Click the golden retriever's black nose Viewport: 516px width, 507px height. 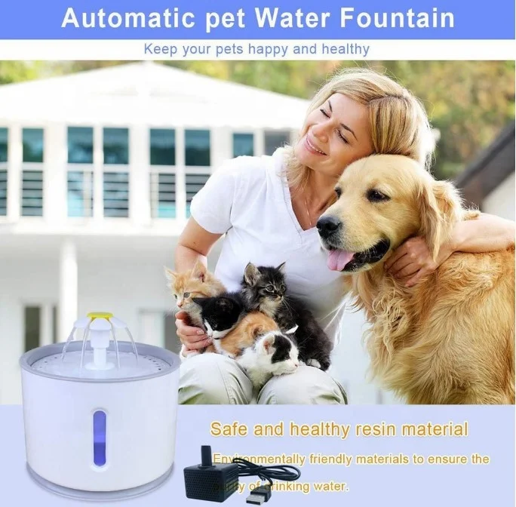coord(328,225)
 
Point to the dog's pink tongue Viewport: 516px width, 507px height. coord(340,259)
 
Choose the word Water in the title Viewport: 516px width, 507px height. coord(287,18)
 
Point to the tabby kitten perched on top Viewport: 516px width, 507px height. coord(268,287)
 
